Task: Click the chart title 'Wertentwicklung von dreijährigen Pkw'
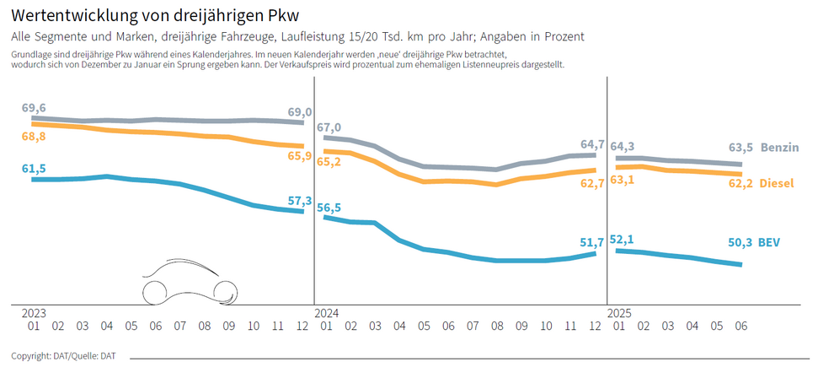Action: click(x=154, y=16)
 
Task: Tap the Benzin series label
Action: click(x=779, y=148)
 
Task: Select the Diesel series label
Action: click(x=777, y=183)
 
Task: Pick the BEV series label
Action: click(x=768, y=242)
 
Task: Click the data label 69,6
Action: click(x=34, y=108)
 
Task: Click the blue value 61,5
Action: click(x=34, y=169)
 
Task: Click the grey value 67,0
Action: click(x=329, y=127)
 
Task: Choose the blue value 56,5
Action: click(x=329, y=208)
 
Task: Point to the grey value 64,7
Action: click(x=592, y=144)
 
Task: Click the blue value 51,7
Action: click(x=592, y=242)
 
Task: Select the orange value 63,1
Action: click(x=623, y=180)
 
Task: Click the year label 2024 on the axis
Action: click(x=326, y=312)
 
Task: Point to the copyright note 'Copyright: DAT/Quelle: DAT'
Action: click(x=63, y=356)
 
